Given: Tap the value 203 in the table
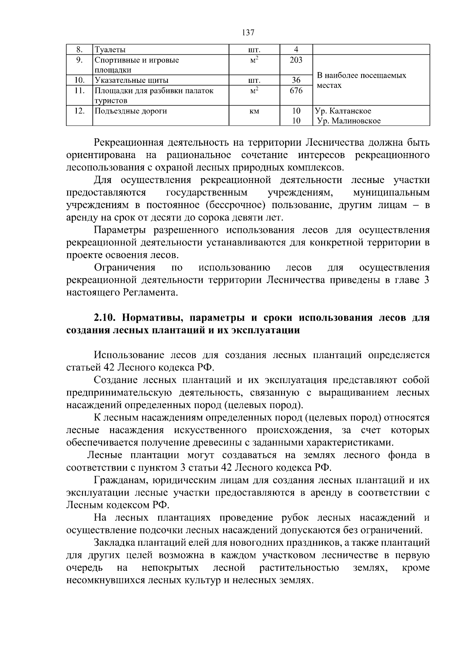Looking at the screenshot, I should [296, 60].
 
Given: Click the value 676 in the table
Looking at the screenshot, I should [296, 91].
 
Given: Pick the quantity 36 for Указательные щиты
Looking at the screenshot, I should [296, 81].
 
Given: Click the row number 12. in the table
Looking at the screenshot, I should [79, 111].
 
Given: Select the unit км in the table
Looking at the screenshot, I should [254, 111].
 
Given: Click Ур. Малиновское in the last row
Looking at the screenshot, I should [348, 121].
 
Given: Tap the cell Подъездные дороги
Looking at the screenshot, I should [131, 111].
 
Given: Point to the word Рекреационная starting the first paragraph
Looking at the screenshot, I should [128, 143].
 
